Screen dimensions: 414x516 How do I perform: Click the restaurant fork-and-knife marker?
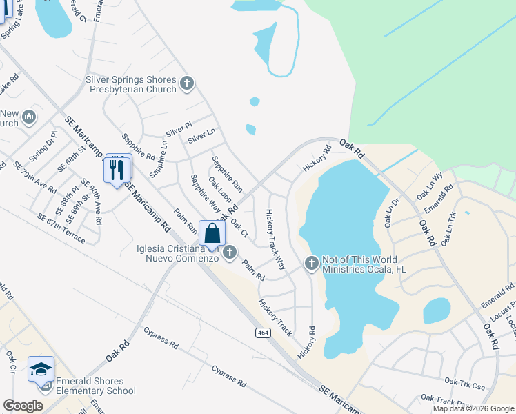point(117,168)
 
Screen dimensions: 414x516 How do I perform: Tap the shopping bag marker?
point(212,233)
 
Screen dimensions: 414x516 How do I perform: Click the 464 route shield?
point(265,333)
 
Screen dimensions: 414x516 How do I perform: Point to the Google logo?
point(23,406)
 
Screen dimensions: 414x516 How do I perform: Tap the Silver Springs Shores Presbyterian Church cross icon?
point(186,84)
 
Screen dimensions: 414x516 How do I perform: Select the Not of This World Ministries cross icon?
point(311,263)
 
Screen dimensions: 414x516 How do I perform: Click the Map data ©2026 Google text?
point(473,408)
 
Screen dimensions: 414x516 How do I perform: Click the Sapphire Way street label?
point(205,194)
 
